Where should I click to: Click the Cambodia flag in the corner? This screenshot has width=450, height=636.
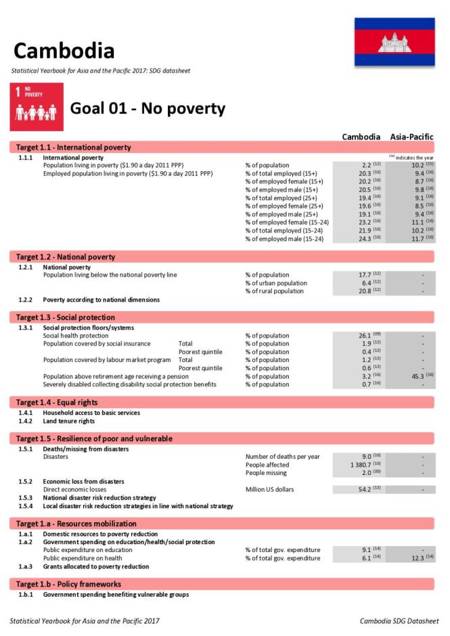click(395, 42)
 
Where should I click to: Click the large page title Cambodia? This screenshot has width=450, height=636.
click(64, 51)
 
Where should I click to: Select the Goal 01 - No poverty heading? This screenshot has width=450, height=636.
click(148, 108)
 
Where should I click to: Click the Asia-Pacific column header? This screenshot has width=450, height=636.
click(411, 137)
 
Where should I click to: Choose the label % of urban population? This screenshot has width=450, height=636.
click(276, 283)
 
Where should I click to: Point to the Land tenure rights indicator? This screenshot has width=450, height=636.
click(68, 421)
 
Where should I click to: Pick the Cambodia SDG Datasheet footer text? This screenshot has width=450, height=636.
click(399, 620)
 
